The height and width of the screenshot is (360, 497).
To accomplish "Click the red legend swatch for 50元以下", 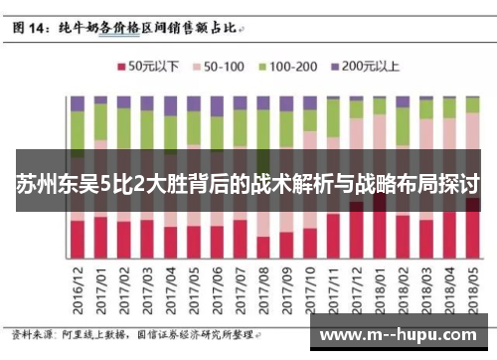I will pos(122,69).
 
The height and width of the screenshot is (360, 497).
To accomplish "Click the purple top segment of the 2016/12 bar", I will pos(77,102).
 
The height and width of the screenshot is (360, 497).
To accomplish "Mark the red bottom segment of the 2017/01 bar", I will pos(100,237).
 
